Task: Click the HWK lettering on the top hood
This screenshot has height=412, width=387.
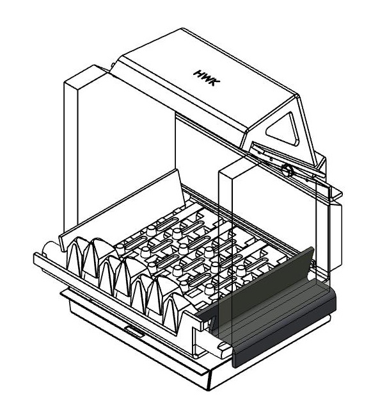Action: click(207, 78)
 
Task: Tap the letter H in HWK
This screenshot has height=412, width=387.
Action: click(199, 74)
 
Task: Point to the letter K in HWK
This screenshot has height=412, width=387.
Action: click(215, 83)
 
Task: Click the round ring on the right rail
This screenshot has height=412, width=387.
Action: click(287, 170)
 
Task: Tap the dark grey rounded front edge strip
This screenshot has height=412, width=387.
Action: click(285, 331)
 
